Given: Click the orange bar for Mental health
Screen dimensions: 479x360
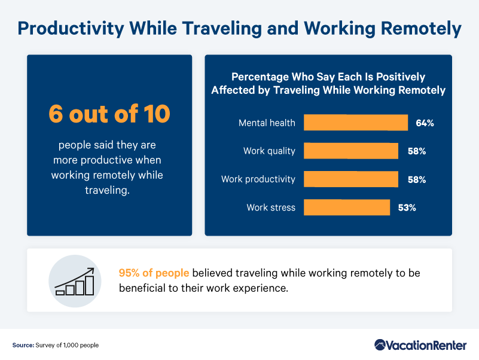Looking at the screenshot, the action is tap(356, 123).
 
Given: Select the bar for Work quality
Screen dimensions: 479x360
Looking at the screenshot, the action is tap(350, 151).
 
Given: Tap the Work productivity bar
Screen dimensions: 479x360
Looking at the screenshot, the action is tap(350, 179).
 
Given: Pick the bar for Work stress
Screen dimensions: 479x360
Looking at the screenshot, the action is tap(347, 207).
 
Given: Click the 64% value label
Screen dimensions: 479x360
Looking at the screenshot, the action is tap(425, 123).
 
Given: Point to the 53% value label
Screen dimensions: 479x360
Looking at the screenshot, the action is tap(407, 208).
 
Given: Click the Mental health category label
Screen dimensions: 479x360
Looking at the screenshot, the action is tap(267, 123).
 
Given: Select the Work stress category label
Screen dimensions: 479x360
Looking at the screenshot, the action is tap(271, 208).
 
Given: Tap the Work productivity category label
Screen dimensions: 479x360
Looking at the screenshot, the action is tap(258, 179).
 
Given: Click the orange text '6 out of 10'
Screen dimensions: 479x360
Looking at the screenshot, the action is tap(109, 114).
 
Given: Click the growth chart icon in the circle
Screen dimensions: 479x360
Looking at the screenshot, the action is tap(75, 281).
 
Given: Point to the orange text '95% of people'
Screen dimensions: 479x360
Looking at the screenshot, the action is tap(154, 273).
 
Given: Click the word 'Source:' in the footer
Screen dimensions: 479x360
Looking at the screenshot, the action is tap(23, 345).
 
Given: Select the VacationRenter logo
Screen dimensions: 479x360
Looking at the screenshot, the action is tap(420, 345).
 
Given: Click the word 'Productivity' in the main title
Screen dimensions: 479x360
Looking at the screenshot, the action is tap(71, 29).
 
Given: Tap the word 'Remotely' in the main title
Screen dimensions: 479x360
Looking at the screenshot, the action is tap(421, 29).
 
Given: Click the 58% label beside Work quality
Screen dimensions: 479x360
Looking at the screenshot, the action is tap(417, 151).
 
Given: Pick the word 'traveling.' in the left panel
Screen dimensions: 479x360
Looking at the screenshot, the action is tap(107, 190).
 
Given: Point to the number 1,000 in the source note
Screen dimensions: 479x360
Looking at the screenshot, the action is tap(71, 345).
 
